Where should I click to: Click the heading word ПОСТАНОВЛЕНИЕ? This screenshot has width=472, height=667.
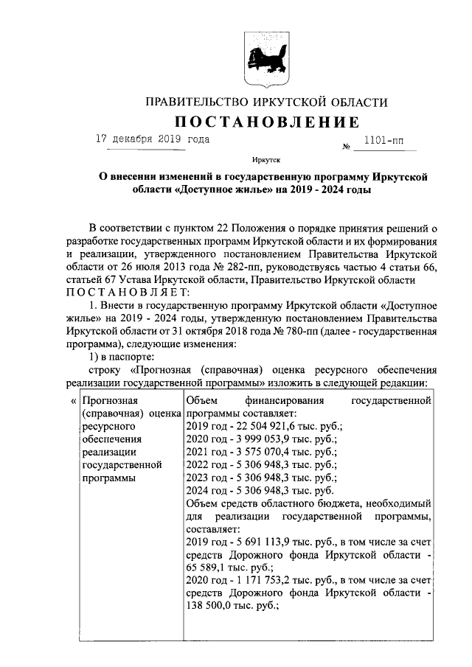(266, 121)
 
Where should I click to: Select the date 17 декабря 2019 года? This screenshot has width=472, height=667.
(153, 139)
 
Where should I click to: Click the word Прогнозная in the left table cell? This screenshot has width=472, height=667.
(111, 399)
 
